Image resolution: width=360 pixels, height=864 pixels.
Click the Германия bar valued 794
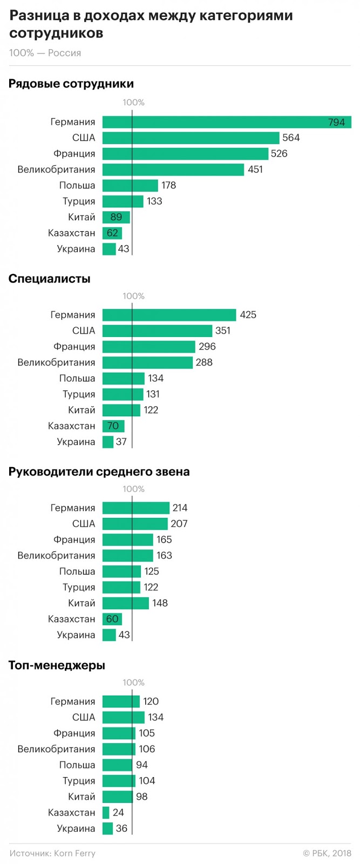pos(227,122)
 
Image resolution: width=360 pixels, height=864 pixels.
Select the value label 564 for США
pos(291,138)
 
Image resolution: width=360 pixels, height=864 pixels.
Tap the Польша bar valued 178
pos(130,185)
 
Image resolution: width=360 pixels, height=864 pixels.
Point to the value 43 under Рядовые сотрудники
pos(124,249)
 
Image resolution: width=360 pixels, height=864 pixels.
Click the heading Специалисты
pos(50,279)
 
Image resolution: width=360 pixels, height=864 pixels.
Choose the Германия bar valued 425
pos(169,315)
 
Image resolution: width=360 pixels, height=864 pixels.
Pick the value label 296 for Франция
pos(207,347)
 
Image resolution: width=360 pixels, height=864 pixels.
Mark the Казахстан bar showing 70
pos(113,426)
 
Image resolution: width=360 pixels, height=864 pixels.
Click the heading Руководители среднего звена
pos(99,472)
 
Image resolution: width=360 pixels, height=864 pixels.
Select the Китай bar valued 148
pos(125,603)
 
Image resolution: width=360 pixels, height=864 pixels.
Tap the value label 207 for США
pos(179,524)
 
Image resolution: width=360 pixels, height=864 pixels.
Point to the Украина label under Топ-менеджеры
pos(76,828)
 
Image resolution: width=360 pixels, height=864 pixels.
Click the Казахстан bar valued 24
pos(106,813)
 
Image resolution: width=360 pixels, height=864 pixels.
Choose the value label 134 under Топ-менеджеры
pos(155,717)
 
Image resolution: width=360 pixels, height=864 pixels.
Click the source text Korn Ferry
pos(74,853)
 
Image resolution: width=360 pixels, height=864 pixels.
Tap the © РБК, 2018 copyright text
pos(327,853)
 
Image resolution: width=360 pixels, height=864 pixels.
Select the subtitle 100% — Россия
pos(45,53)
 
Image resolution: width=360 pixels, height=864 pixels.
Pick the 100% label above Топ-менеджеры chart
pos(133,683)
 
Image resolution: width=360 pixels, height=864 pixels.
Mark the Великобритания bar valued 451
pos(173,170)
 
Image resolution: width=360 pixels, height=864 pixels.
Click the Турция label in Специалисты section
pos(79,394)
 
